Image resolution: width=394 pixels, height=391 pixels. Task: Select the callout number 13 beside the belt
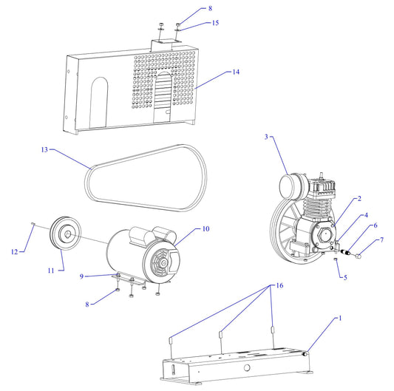click(x=44, y=149)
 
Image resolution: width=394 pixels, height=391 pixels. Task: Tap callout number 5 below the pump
click(x=344, y=277)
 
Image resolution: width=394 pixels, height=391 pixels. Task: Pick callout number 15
click(x=216, y=23)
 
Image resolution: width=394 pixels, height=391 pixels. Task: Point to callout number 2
click(x=359, y=199)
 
